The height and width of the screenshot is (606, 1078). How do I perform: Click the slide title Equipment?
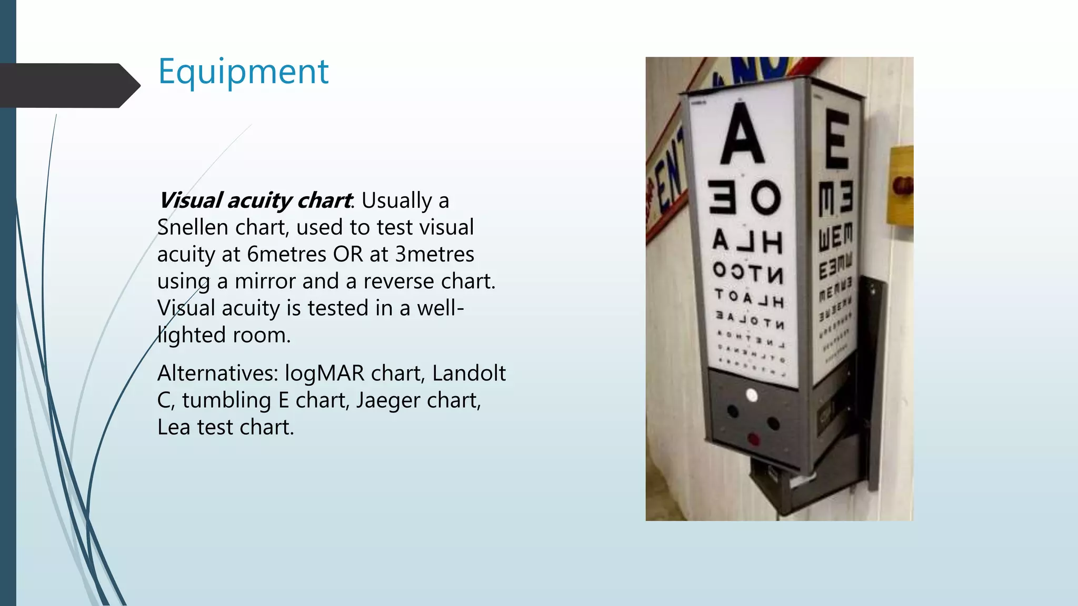(x=243, y=72)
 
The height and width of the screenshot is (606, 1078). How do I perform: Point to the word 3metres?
(x=435, y=255)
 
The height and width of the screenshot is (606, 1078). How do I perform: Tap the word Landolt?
(x=468, y=373)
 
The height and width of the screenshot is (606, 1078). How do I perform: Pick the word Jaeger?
(x=388, y=401)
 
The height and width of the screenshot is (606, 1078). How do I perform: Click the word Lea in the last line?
(x=173, y=427)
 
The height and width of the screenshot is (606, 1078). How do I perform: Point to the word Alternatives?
(x=217, y=373)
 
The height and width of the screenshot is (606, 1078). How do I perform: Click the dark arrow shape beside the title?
(x=68, y=85)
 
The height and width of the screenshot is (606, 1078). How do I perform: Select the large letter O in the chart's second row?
(x=765, y=198)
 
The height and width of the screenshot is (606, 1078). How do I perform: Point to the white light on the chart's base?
(x=752, y=395)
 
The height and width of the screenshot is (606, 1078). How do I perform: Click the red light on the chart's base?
(x=754, y=439)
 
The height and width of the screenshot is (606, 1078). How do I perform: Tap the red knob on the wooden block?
(x=902, y=185)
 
